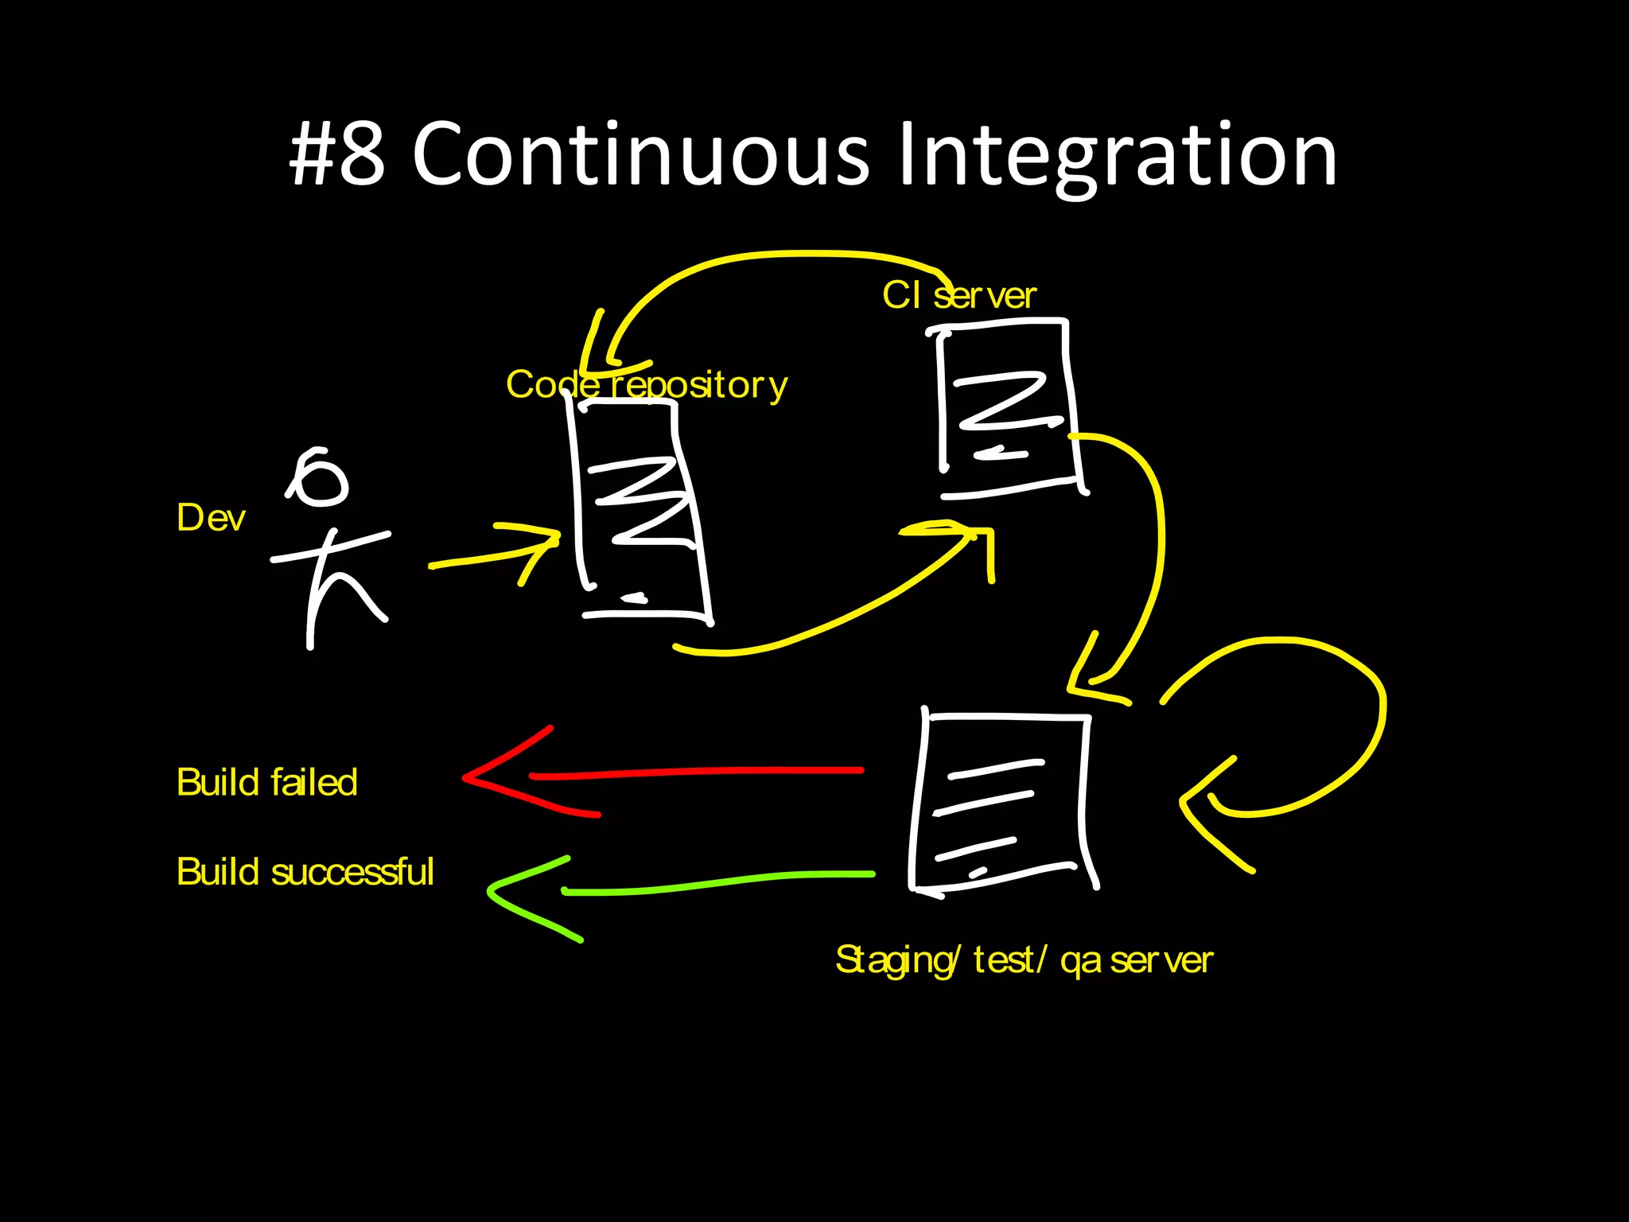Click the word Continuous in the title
click(x=640, y=155)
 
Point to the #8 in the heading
click(x=338, y=155)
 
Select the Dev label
click(x=211, y=518)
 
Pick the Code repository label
click(x=646, y=385)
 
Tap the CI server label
click(x=958, y=296)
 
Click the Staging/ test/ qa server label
click(x=1024, y=960)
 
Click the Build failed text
click(x=266, y=783)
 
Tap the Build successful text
click(x=305, y=872)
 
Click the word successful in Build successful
click(x=352, y=872)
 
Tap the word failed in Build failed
click(x=314, y=783)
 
